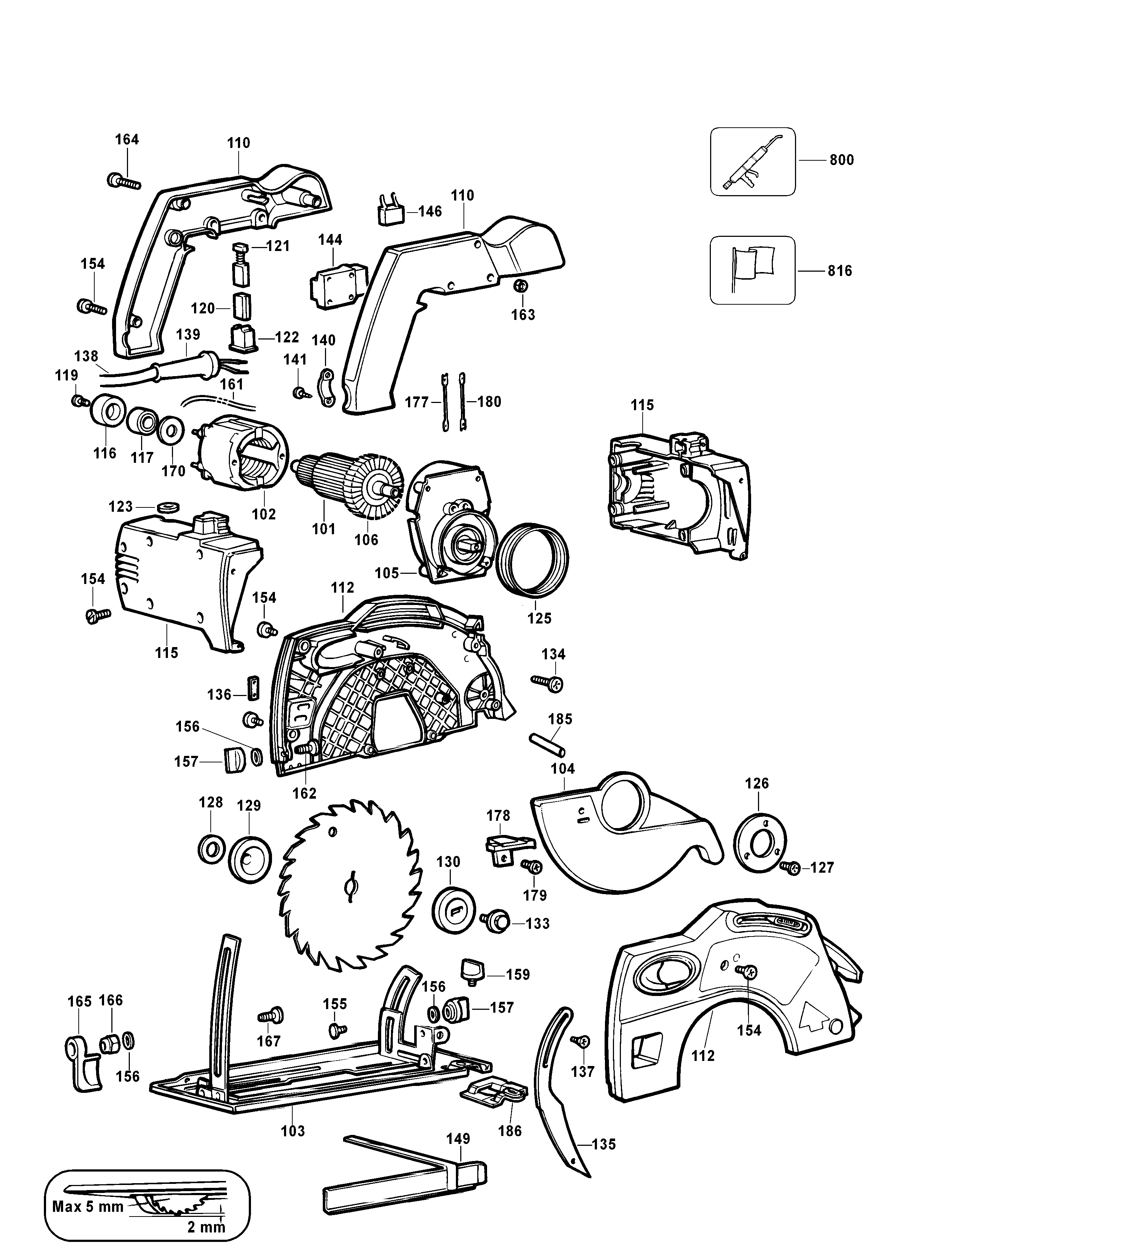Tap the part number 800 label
(x=841, y=160)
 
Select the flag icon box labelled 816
(x=752, y=270)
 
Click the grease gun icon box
(x=752, y=161)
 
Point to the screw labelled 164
(x=124, y=181)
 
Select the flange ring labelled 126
(x=759, y=843)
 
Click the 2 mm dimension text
(x=206, y=1227)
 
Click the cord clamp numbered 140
(x=327, y=388)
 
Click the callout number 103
(x=293, y=1131)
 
